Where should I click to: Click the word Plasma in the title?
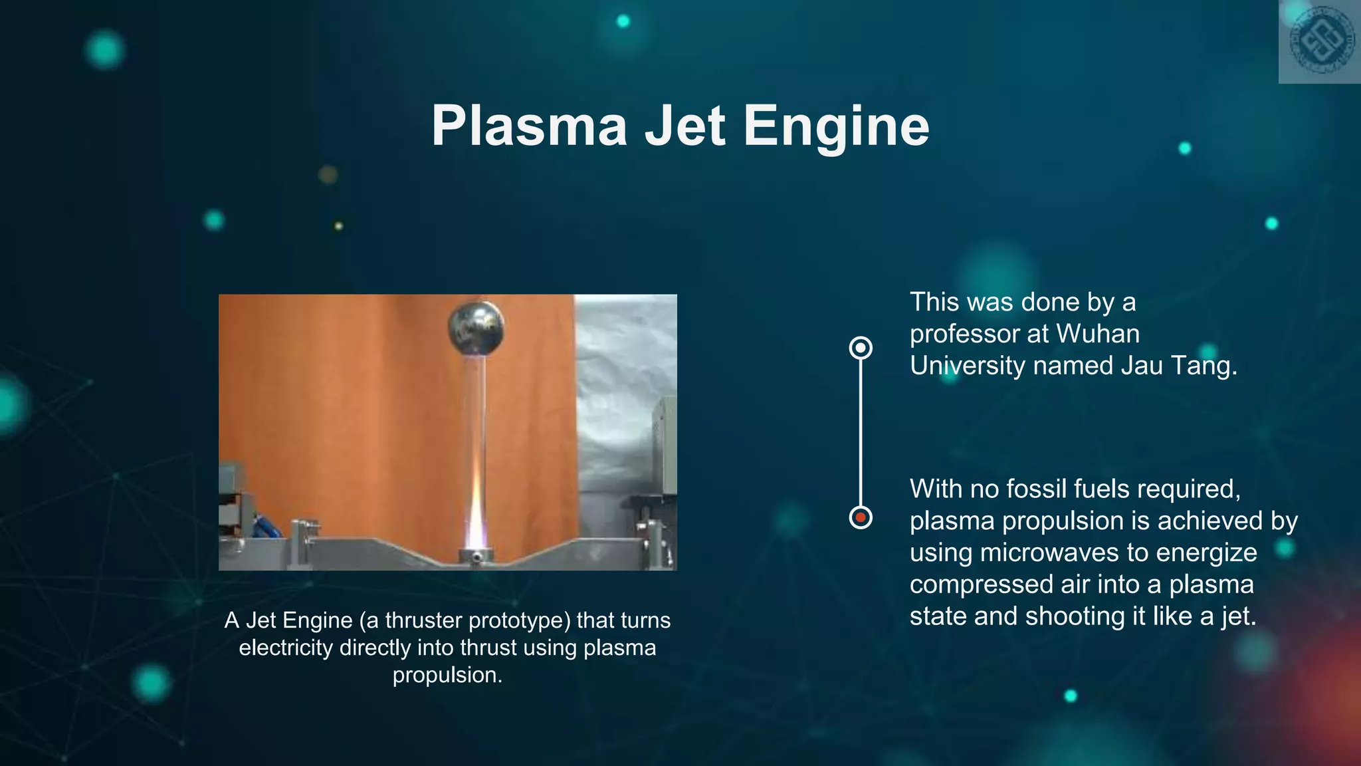[x=529, y=126]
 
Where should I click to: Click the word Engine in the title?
[x=835, y=126]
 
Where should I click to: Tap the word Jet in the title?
[x=684, y=126]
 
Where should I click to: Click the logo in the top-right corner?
[x=1320, y=41]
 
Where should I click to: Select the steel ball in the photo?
[x=476, y=329]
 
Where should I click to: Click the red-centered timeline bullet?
[x=861, y=517]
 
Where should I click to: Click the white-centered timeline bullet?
[x=861, y=348]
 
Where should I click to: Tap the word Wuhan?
[x=1097, y=334]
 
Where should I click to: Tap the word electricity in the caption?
[x=285, y=648]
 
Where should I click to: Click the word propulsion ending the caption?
[x=447, y=676]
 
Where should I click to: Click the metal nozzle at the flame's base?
[x=476, y=555]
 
